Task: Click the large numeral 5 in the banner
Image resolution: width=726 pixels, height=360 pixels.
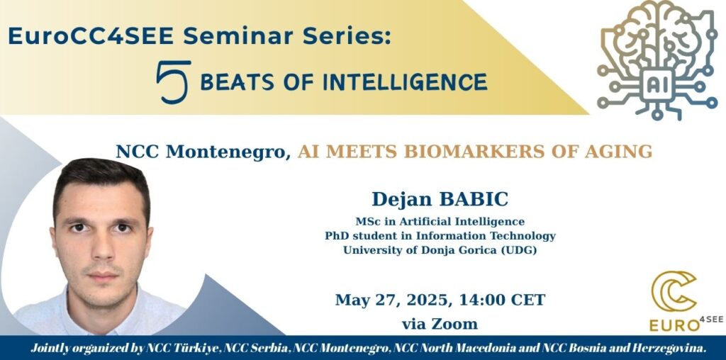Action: point(174,82)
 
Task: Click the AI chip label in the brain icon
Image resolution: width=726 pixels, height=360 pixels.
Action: point(657,85)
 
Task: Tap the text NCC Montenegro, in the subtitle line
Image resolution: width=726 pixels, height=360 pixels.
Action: point(203,152)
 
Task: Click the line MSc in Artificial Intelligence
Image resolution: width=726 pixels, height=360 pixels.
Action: point(440,221)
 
